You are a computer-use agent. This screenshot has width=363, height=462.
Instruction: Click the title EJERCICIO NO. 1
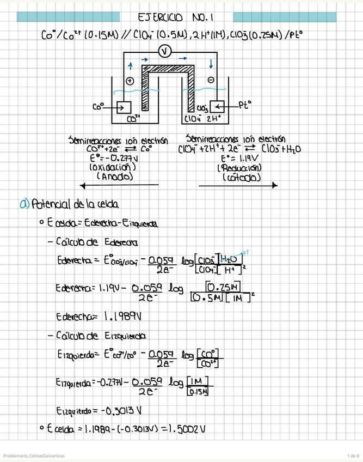[x=181, y=17]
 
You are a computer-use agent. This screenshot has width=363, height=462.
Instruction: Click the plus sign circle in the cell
[x=130, y=81]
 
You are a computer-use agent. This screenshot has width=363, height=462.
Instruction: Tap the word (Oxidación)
[x=112, y=168]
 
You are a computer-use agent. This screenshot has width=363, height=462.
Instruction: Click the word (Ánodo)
[x=113, y=177]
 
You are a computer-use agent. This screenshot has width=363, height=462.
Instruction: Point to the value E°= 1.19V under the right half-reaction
[x=238, y=159]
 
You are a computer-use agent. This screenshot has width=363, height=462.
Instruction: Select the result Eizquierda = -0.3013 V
[x=95, y=410]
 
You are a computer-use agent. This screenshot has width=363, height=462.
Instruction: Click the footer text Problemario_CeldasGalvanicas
[x=34, y=455]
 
